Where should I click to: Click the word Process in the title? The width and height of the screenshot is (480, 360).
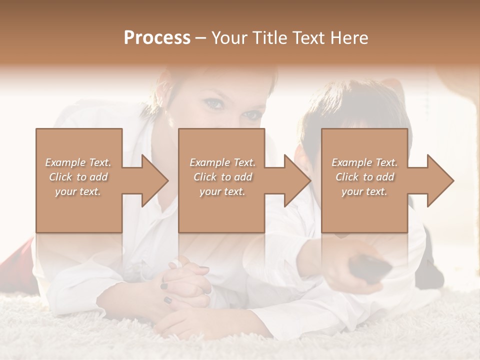pos(157,38)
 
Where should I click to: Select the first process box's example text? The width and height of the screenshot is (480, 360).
pos(78,177)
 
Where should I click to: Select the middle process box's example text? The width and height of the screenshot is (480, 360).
pos(222,177)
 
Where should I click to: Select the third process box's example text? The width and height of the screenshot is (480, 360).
pos(364,177)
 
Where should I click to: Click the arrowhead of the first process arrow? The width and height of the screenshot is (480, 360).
pos(155,180)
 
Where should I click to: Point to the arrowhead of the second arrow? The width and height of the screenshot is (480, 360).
pos(297,180)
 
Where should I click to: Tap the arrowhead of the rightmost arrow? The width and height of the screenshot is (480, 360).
pos(440,180)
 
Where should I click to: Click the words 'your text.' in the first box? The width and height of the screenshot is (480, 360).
pos(78,191)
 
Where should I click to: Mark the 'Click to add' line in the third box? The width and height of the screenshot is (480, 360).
pos(364,177)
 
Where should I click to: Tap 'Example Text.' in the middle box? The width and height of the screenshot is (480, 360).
pos(222,162)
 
